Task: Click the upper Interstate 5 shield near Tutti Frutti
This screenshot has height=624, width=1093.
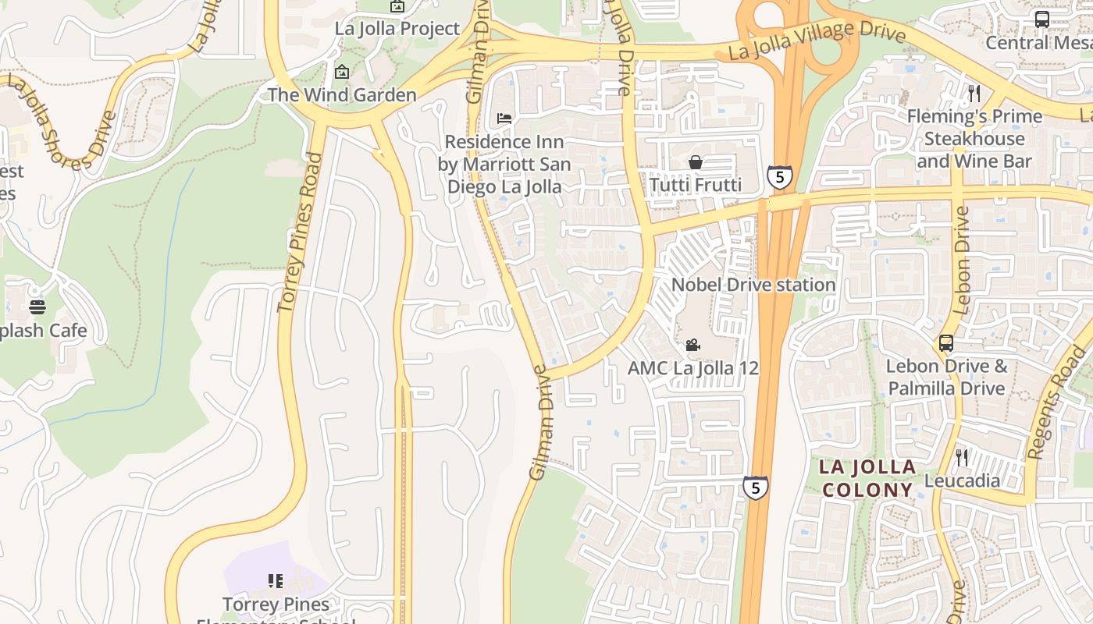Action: click(x=779, y=177)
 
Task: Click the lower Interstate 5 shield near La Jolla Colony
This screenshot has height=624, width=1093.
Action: click(x=755, y=487)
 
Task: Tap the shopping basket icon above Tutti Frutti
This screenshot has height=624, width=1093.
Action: click(x=695, y=162)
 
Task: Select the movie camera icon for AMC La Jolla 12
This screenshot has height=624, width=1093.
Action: click(x=692, y=345)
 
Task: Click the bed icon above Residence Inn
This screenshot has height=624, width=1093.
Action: click(x=504, y=119)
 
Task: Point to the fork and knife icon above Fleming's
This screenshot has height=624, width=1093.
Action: click(x=974, y=94)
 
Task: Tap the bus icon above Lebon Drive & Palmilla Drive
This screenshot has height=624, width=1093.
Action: click(x=945, y=342)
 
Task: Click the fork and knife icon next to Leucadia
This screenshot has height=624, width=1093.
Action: click(x=962, y=457)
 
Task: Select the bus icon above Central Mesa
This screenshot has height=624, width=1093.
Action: click(x=1042, y=19)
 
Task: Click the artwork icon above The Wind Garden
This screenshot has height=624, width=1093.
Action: click(x=342, y=72)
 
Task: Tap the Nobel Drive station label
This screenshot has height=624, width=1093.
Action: click(x=753, y=285)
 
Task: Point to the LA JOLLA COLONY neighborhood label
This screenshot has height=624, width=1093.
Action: click(x=867, y=478)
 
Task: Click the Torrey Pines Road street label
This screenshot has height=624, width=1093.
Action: click(x=301, y=232)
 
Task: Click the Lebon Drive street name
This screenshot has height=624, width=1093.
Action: click(x=961, y=260)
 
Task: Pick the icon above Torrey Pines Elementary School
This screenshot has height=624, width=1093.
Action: click(x=275, y=580)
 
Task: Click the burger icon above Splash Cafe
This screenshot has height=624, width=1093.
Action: click(x=37, y=307)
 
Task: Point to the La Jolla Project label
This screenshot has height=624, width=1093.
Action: click(x=397, y=29)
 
